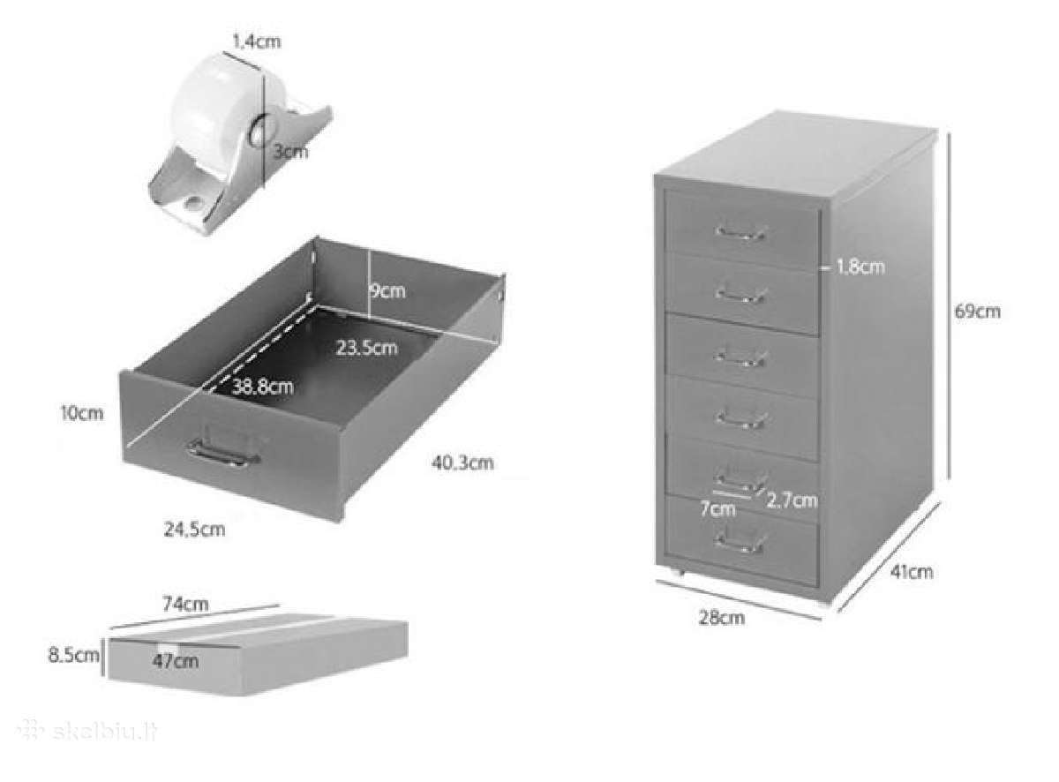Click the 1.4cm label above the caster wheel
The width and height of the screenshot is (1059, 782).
tap(257, 41)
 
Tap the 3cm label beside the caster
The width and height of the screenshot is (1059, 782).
tap(290, 152)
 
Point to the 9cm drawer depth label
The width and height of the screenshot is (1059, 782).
tap(387, 290)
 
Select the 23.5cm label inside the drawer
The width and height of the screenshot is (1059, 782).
tap(367, 347)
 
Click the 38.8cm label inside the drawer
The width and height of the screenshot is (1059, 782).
tap(263, 386)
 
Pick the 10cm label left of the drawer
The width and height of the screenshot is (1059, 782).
tap(82, 413)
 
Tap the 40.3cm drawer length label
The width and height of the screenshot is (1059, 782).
tap(462, 462)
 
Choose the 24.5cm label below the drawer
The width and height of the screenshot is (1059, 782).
tap(194, 530)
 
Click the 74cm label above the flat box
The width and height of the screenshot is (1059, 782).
tap(185, 604)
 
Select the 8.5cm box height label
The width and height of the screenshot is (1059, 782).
tap(73, 655)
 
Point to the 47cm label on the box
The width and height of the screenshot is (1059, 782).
tap(176, 661)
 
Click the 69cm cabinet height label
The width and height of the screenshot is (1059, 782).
tap(977, 312)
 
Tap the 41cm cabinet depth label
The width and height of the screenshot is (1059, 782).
tap(912, 572)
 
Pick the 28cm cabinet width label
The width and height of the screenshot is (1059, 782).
tap(721, 618)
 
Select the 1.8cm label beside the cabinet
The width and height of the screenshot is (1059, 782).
tap(860, 267)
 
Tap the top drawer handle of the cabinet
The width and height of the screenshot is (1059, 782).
tap(740, 233)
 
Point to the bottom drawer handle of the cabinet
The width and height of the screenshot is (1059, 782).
tap(740, 543)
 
